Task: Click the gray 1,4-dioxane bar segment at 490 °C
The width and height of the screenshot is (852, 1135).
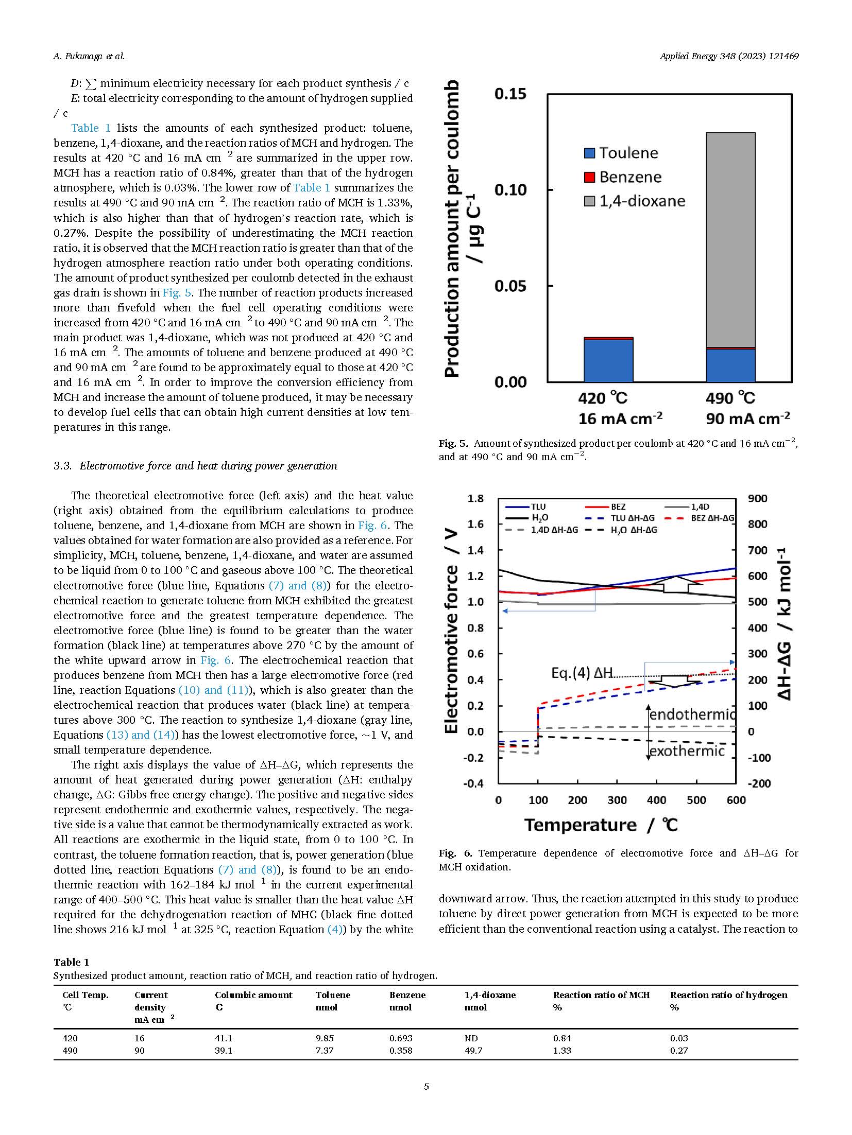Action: point(730,240)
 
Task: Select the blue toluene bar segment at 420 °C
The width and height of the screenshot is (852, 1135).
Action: point(608,360)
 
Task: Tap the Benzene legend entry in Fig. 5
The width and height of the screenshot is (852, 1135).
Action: point(623,177)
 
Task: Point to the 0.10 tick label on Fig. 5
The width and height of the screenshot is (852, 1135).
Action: point(510,190)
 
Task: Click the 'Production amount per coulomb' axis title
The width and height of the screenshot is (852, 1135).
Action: point(451,229)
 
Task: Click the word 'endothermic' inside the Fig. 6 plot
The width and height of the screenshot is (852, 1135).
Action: point(692,714)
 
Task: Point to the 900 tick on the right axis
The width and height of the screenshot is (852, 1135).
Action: point(757,498)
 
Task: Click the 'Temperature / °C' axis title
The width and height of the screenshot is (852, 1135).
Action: point(601,825)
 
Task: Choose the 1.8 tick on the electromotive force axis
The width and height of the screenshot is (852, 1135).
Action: point(475,498)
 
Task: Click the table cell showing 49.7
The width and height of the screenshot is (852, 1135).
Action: point(473,1051)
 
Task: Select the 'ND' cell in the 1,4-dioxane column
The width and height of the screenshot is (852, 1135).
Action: point(471,1038)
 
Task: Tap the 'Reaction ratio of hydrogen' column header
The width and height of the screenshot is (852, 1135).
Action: point(728,995)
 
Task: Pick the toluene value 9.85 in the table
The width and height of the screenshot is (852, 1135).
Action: point(325,1038)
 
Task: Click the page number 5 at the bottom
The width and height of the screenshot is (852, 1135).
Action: point(426,1087)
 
